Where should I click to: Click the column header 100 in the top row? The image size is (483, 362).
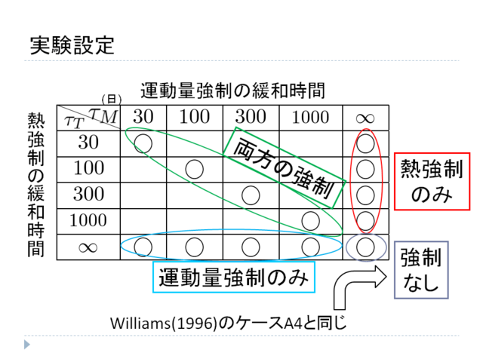tap(195, 116)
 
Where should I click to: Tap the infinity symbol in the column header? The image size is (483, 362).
tap(365, 117)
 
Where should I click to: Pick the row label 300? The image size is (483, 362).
tap(88, 194)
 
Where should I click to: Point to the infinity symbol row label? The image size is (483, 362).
tap(88, 246)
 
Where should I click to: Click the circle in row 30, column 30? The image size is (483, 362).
tap(145, 142)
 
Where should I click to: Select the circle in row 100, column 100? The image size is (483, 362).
tap(195, 168)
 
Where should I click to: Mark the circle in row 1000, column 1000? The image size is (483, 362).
tap(308, 220)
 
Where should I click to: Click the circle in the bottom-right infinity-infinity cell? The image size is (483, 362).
tap(365, 246)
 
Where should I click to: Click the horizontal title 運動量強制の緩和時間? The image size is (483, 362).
tap(232, 91)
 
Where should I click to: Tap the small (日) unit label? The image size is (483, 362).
tap(112, 99)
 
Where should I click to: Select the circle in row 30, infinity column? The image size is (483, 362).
tap(365, 142)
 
